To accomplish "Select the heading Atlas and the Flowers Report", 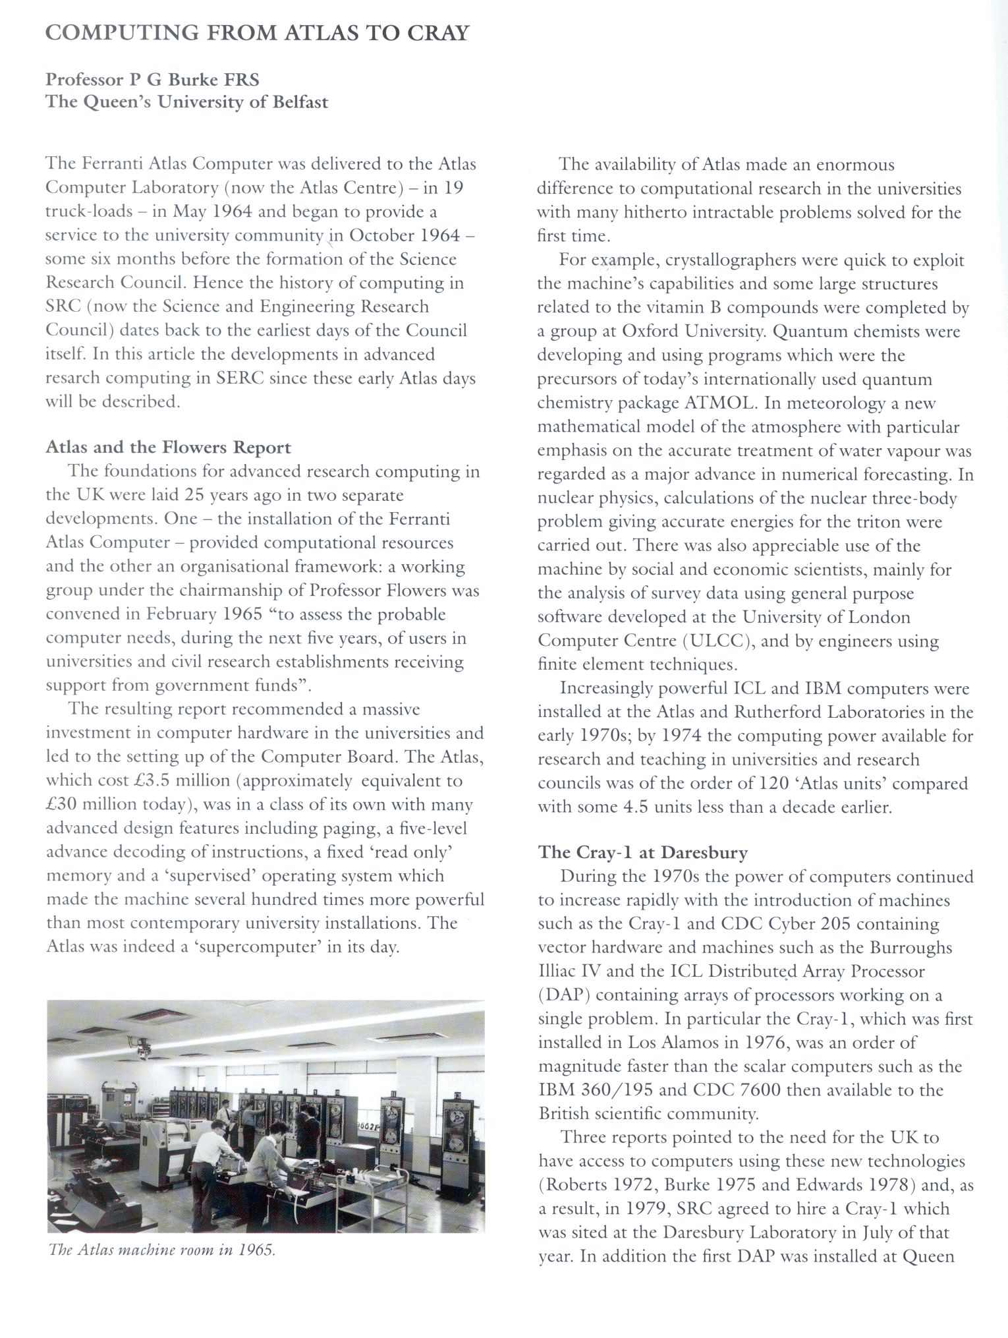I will [x=168, y=448].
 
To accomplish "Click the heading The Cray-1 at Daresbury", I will [x=642, y=852].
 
